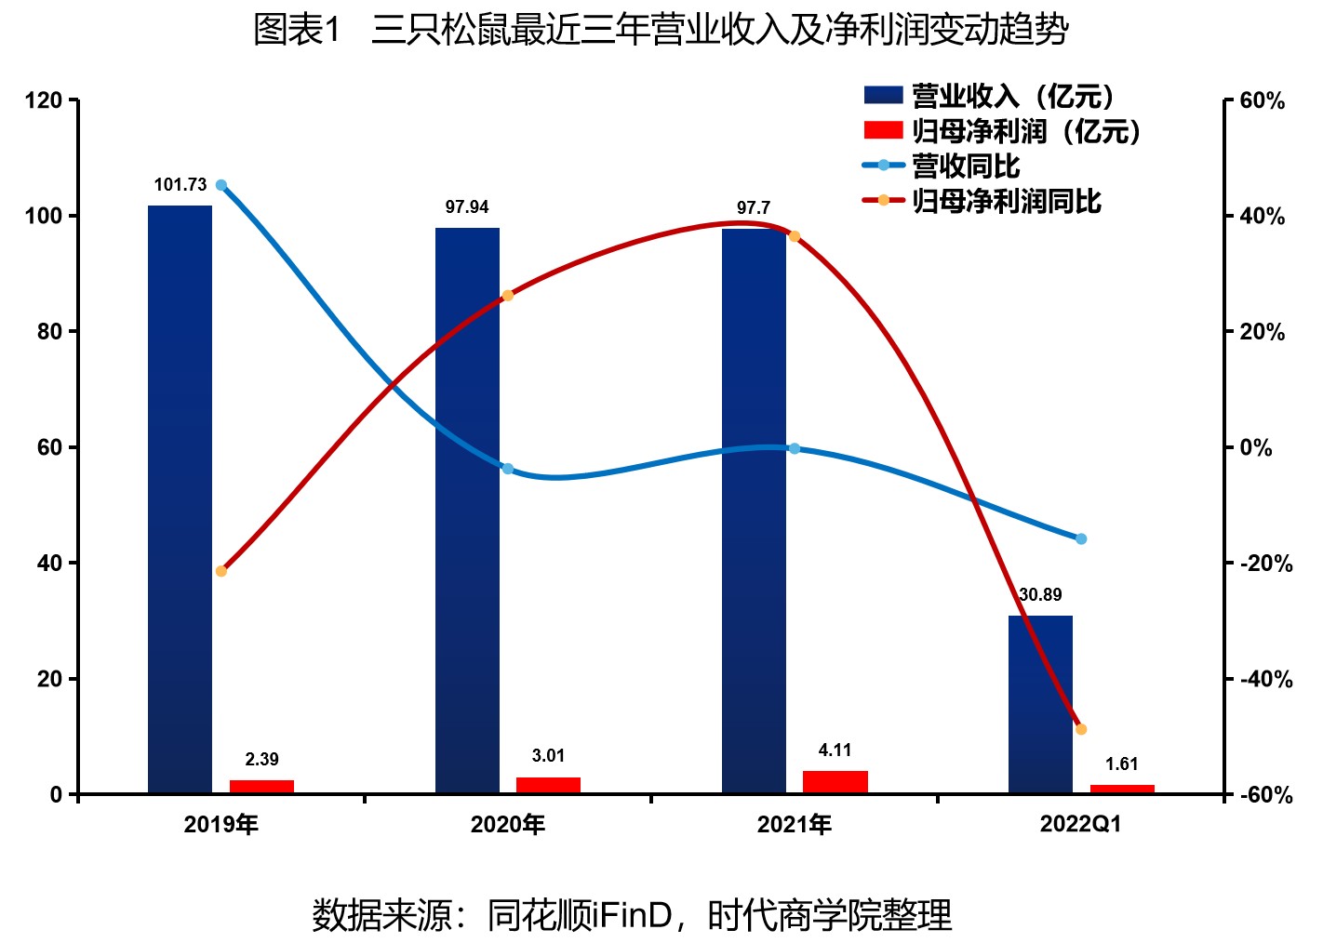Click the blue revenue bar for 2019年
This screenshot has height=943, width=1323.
(x=180, y=499)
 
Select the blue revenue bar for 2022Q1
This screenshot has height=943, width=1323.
(x=1040, y=704)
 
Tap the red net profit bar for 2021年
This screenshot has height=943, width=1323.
(x=835, y=782)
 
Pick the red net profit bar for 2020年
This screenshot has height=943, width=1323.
(x=548, y=785)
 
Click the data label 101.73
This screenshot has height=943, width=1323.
(x=180, y=185)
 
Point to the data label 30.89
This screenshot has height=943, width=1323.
(x=1040, y=595)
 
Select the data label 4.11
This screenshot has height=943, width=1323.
(x=835, y=750)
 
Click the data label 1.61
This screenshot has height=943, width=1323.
(x=1121, y=764)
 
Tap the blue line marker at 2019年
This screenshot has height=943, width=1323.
(x=221, y=185)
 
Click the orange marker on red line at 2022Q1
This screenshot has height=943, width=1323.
(x=1081, y=729)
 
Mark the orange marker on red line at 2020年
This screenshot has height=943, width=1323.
(x=508, y=296)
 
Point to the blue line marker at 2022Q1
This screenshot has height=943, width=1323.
(x=1081, y=538)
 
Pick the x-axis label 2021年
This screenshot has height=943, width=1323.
(x=794, y=825)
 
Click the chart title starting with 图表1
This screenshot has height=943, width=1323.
(x=661, y=31)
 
